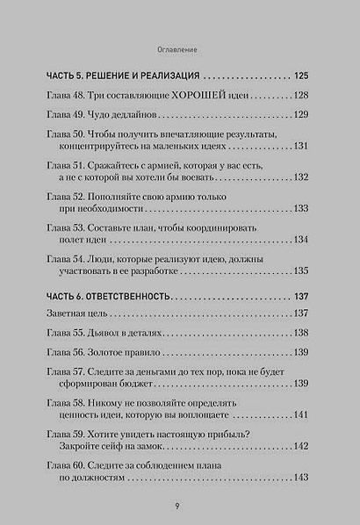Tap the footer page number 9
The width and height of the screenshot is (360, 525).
pos(179,506)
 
